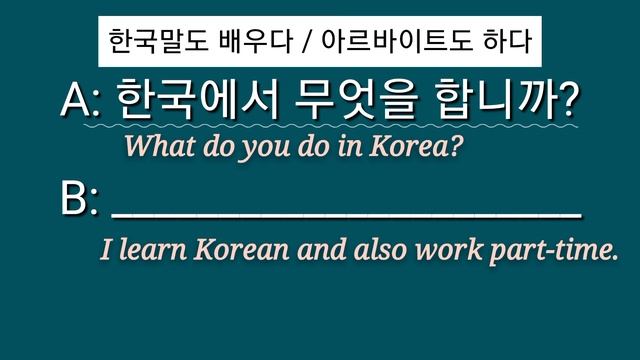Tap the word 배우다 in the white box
(246, 44)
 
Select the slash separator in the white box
(300, 44)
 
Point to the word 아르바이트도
(385, 44)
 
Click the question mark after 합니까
(569, 102)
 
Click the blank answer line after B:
(346, 212)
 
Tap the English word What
(154, 148)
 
